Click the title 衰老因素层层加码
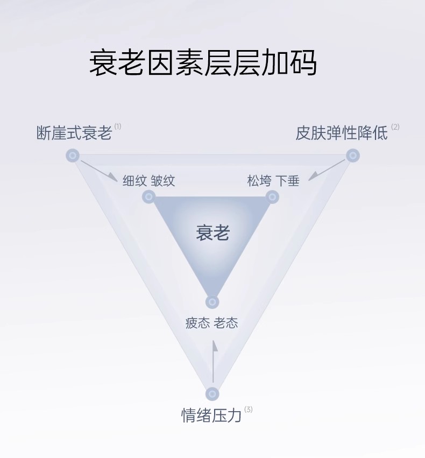[203, 63]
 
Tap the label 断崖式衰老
[74, 133]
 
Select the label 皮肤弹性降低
[342, 133]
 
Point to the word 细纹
[134, 180]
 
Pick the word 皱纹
[163, 180]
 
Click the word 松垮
[259, 180]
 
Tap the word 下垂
[288, 180]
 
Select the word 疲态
[198, 323]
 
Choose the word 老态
[226, 323]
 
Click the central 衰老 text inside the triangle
[212, 233]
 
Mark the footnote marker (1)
[118, 126]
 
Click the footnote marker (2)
[395, 127]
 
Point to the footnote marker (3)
[248, 410]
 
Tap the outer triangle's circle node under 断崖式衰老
[73, 156]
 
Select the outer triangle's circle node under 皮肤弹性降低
[352, 156]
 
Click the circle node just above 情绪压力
[212, 393]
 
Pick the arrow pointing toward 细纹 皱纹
[100, 171]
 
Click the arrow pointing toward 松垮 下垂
[326, 171]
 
